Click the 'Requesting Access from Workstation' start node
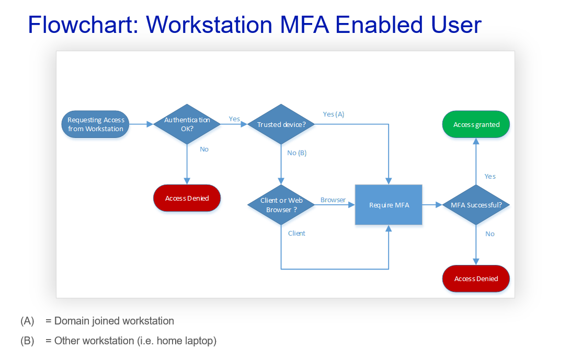(96, 124)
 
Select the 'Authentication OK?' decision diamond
(187, 124)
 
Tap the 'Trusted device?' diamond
(281, 124)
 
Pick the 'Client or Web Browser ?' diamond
(281, 205)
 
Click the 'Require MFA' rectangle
(389, 205)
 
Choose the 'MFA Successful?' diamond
(476, 205)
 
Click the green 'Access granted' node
(476, 124)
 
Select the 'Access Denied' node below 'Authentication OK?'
(187, 198)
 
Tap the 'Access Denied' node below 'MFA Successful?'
(476, 278)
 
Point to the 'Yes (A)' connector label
(334, 114)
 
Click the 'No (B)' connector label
(297, 153)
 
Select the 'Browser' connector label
(333, 200)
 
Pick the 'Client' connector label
(296, 233)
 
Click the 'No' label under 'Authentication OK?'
(204, 149)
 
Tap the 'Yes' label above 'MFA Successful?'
(490, 176)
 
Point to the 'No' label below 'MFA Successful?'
(490, 234)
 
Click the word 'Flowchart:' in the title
(83, 25)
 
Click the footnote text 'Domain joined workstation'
(114, 321)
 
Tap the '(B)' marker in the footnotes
(27, 341)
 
